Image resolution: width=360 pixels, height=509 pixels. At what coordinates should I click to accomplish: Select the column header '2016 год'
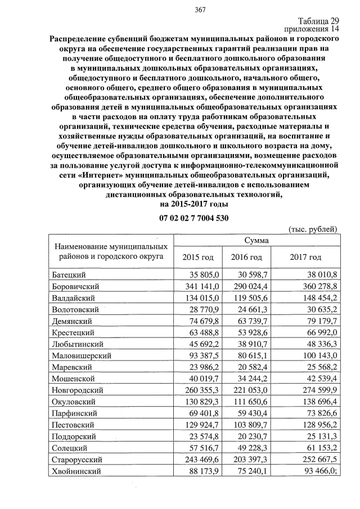click(x=247, y=257)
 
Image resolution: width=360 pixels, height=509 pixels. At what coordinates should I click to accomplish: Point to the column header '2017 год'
click(x=305, y=257)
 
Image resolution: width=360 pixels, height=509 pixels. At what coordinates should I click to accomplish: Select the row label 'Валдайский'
click(x=72, y=298)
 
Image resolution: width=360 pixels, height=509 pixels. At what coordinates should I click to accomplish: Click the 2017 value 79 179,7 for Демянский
click(x=319, y=321)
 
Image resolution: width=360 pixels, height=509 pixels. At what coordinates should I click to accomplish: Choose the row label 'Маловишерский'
click(x=81, y=355)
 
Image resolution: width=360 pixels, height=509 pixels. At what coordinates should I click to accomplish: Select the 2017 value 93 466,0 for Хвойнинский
click(x=319, y=471)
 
